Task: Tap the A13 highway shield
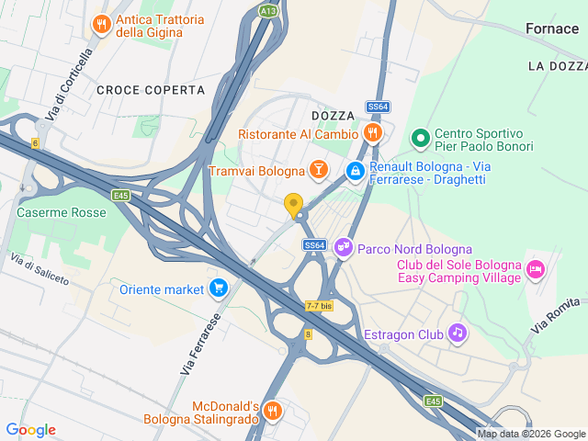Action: coord(268,10)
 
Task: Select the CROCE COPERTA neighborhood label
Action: coord(150,89)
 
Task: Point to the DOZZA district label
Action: coord(333,115)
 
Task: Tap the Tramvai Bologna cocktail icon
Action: coord(318,170)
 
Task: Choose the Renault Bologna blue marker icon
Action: coord(355,170)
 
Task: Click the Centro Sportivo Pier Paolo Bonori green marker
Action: coord(421,138)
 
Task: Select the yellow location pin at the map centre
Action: coord(294,206)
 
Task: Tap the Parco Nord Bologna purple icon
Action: coord(343,248)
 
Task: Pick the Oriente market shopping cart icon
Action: coord(218,288)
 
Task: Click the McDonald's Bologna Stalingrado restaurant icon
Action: coord(270,410)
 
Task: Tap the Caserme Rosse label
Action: coord(62,212)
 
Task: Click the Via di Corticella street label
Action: coord(73,83)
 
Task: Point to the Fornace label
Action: coord(551,28)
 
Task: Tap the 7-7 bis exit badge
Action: coord(319,306)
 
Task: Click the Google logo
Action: coord(30,430)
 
